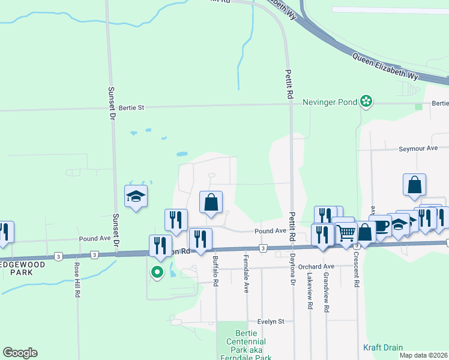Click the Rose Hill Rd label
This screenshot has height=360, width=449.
(x=77, y=280)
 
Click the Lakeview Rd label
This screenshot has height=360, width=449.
(x=310, y=292)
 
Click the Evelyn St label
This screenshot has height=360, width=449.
(x=271, y=322)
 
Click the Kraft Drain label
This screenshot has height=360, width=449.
(x=383, y=347)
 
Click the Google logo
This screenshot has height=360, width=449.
(x=20, y=353)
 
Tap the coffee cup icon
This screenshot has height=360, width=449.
(x=381, y=226)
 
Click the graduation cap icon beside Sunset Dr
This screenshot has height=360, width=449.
(x=136, y=196)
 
